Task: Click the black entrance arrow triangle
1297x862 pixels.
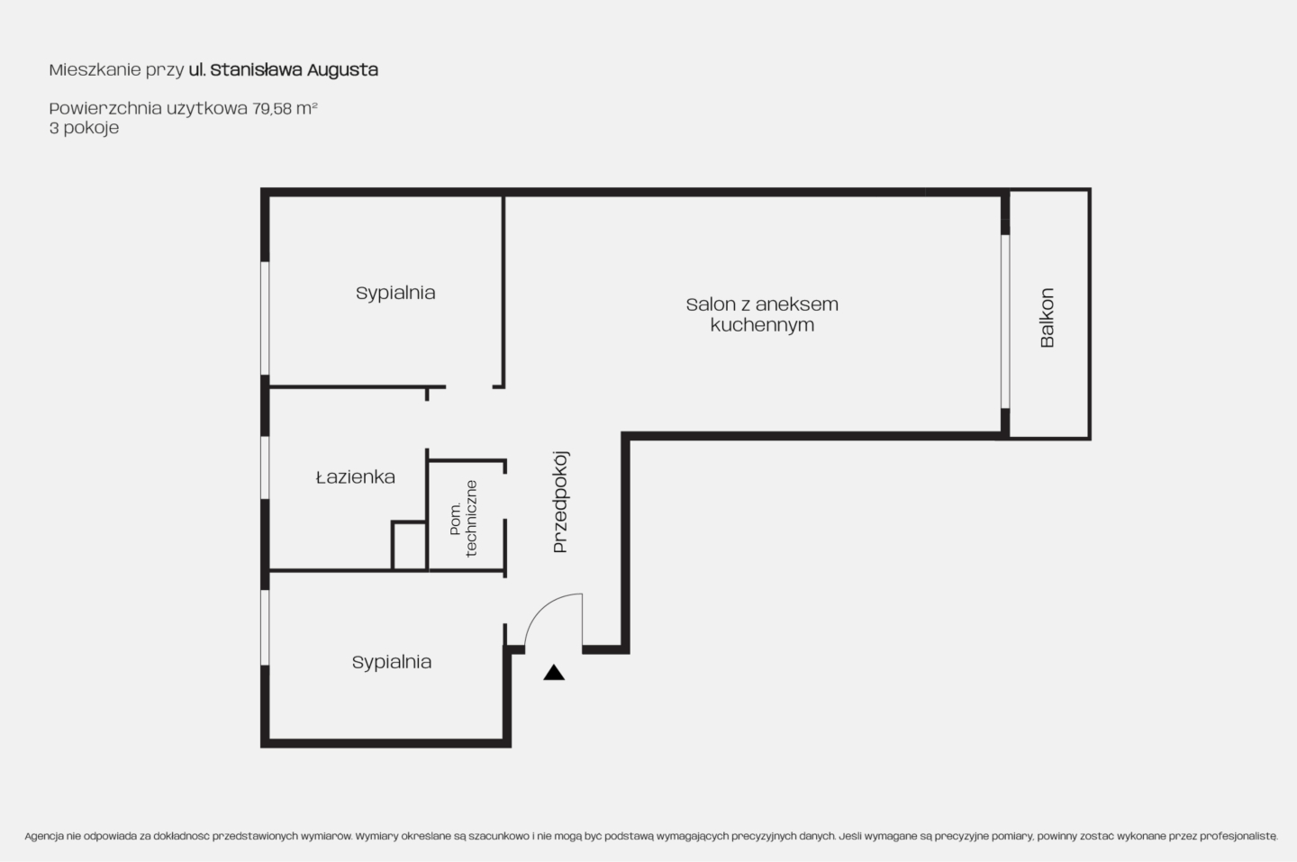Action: pyautogui.click(x=554, y=673)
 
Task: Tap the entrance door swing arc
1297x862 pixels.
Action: pyautogui.click(x=540, y=608)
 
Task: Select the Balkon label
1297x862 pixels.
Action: pyautogui.click(x=1047, y=318)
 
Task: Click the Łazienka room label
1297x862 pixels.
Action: pyautogui.click(x=356, y=477)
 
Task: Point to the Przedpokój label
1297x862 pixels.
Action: pyautogui.click(x=560, y=502)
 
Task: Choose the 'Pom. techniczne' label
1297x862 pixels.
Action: pyautogui.click(x=463, y=519)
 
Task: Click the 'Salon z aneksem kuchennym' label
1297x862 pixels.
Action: pyautogui.click(x=762, y=314)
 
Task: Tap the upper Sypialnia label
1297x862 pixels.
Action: pyautogui.click(x=395, y=293)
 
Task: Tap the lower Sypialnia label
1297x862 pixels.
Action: pyautogui.click(x=392, y=662)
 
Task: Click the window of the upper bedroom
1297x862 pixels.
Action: pyautogui.click(x=265, y=318)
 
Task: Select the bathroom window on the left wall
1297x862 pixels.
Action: pyautogui.click(x=265, y=467)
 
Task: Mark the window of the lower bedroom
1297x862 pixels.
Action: pyautogui.click(x=265, y=628)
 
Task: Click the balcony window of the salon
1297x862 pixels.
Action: pyautogui.click(x=1005, y=322)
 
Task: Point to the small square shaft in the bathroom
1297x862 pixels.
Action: pyautogui.click(x=409, y=546)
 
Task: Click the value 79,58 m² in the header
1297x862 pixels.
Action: pyautogui.click(x=285, y=108)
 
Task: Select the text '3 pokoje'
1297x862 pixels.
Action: pyautogui.click(x=84, y=128)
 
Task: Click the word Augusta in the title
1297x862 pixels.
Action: pyautogui.click(x=342, y=70)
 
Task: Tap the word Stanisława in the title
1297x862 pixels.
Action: pyautogui.click(x=256, y=70)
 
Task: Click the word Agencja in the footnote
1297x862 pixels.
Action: pyautogui.click(x=44, y=837)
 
